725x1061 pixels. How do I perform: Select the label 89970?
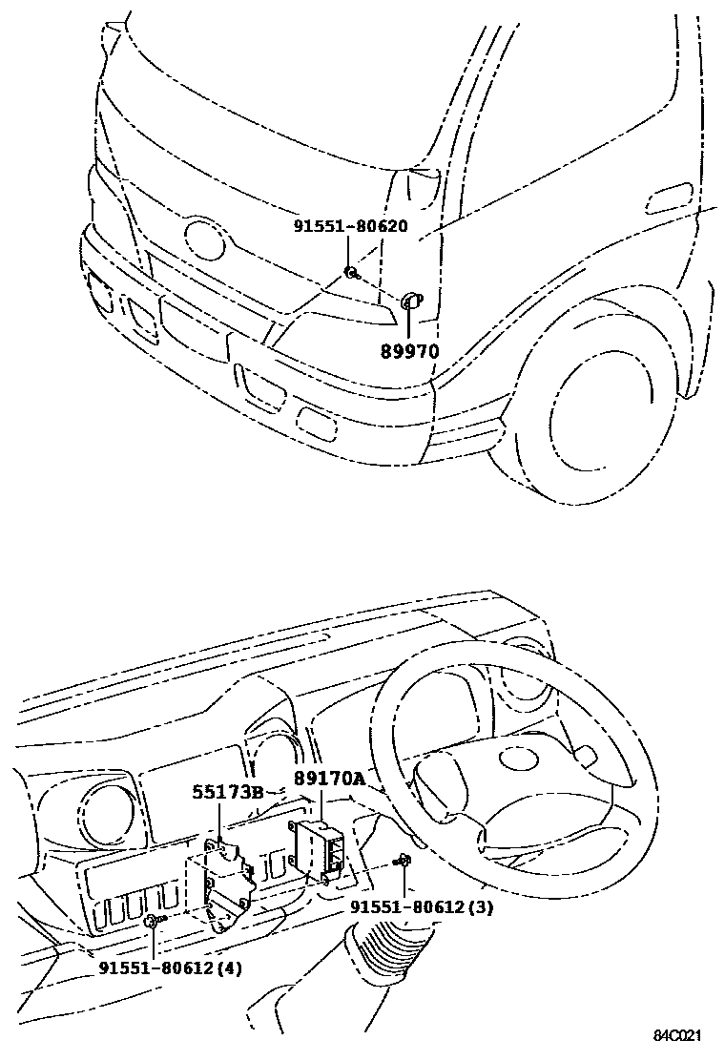pos(409,350)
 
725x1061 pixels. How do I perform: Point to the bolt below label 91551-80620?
pos(352,274)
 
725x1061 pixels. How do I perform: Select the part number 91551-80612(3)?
pos(421,906)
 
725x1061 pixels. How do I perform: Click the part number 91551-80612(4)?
pos(170,967)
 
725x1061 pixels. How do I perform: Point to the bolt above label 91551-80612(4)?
pos(153,921)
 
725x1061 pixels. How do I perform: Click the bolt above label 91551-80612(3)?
pos(404,862)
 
